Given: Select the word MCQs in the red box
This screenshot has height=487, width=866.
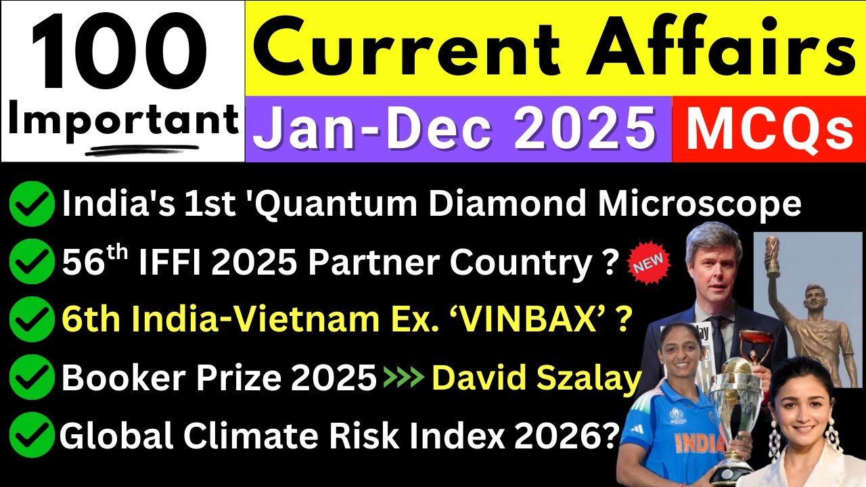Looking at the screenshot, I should tap(769, 129).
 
